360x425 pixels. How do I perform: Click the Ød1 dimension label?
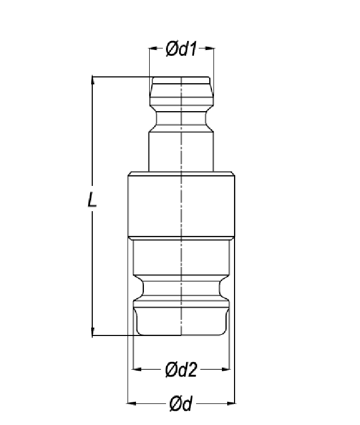pyautogui.click(x=181, y=49)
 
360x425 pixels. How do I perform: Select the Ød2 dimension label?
pyautogui.click(x=181, y=369)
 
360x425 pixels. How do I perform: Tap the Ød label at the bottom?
pyautogui.click(x=181, y=403)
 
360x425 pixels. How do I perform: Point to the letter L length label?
pyautogui.click(x=92, y=200)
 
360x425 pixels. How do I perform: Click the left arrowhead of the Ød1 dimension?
pyautogui.click(x=153, y=48)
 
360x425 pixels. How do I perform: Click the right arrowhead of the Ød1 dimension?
pyautogui.click(x=209, y=48)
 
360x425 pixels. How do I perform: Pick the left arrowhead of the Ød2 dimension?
pyautogui.click(x=137, y=369)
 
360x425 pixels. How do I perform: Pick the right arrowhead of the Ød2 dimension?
pyautogui.click(x=226, y=369)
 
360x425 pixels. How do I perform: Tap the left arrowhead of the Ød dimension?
pyautogui.click(x=132, y=403)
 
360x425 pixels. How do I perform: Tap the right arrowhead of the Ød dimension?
pyautogui.click(x=230, y=403)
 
